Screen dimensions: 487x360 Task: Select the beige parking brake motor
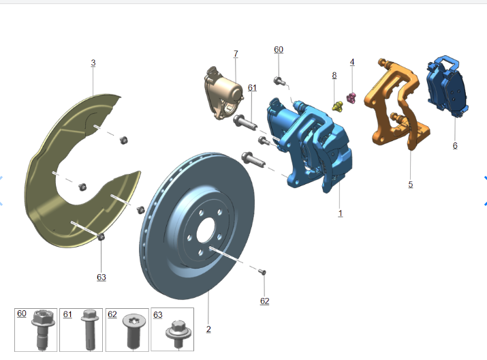pos(223,93)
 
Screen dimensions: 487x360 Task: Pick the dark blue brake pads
pos(447,86)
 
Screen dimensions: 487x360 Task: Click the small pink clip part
pos(351,98)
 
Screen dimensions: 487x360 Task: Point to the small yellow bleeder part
pos(337,106)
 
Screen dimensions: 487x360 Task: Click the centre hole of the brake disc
pos(206,230)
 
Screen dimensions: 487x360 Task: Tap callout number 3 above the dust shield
pos(93,63)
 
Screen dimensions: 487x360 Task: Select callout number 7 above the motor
pos(236,54)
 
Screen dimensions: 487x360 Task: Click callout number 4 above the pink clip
pos(352,62)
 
